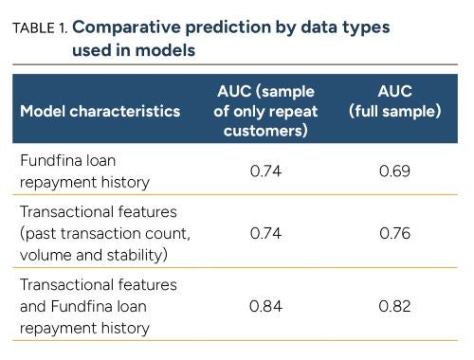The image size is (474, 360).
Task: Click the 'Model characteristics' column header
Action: pyautogui.click(x=100, y=111)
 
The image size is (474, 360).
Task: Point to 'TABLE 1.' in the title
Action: pyautogui.click(x=40, y=29)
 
